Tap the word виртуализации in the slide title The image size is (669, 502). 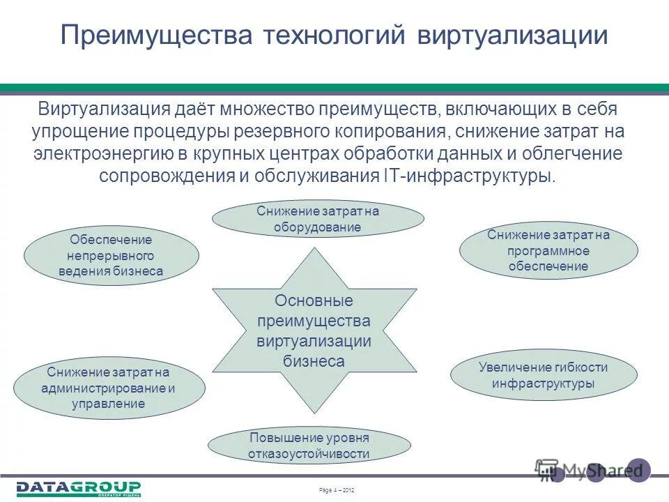pyautogui.click(x=512, y=36)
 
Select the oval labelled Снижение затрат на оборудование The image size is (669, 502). pyautogui.click(x=317, y=219)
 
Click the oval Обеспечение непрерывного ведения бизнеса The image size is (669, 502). pyautogui.click(x=111, y=255)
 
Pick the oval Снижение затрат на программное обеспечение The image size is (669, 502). pyautogui.click(x=548, y=251)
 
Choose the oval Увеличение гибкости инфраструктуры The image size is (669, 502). pyautogui.click(x=544, y=376)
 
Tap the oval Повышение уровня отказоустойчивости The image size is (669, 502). pyautogui.click(x=309, y=446)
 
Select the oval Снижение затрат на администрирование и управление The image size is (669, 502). pyautogui.click(x=110, y=388)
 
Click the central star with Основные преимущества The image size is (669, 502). pyautogui.click(x=314, y=330)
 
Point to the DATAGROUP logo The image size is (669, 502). pyautogui.click(x=79, y=488)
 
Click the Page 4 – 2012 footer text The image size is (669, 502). pyautogui.click(x=336, y=491)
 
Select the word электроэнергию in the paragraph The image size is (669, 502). pyautogui.click(x=100, y=153)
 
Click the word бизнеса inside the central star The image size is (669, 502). pyautogui.click(x=314, y=361)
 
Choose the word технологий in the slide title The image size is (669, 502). pyautogui.click(x=334, y=36)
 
